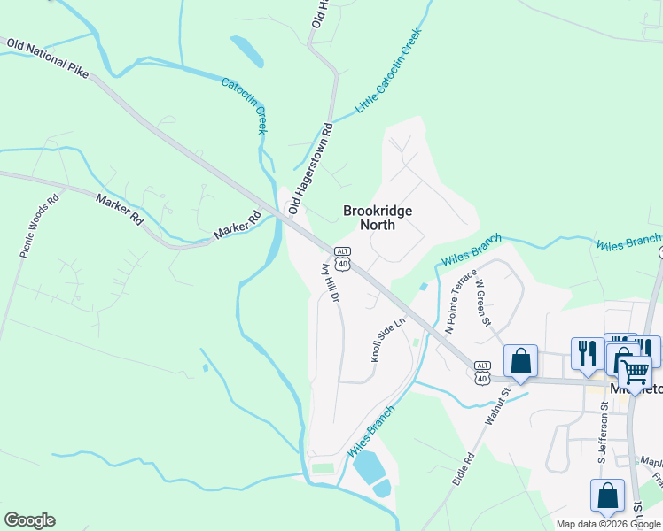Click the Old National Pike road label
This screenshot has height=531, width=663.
(49, 58)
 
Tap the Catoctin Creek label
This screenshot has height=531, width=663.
(244, 105)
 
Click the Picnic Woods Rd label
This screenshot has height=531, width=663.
(39, 226)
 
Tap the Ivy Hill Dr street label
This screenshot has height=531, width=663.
(330, 280)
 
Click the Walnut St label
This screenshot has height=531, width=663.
(499, 406)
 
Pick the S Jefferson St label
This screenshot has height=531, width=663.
(602, 433)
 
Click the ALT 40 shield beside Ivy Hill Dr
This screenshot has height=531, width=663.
(343, 258)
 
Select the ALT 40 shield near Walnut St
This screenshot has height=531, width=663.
(482, 372)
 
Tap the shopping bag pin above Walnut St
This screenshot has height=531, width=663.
(520, 361)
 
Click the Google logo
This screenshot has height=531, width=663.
(29, 520)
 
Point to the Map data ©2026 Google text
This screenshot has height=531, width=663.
(608, 524)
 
